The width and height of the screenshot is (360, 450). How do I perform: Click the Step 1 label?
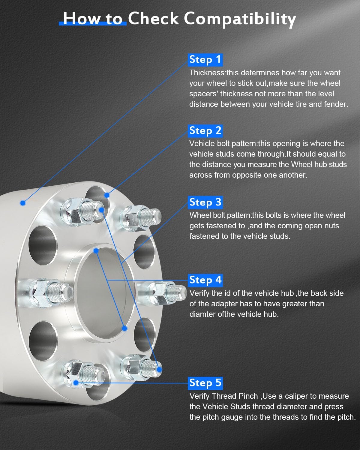click(205, 60)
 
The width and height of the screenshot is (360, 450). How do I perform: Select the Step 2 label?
click(205, 131)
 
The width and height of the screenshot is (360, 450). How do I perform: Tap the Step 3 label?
click(205, 202)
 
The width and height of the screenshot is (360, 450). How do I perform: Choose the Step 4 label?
click(205, 280)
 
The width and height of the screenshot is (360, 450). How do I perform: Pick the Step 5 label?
click(205, 383)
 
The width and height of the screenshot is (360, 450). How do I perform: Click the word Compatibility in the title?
click(240, 19)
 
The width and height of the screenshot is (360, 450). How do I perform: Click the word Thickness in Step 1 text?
click(207, 73)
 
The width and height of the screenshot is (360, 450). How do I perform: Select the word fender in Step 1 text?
click(336, 104)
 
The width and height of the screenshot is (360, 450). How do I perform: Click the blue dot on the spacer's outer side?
click(23, 203)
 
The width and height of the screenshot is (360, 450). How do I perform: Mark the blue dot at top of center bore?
click(96, 250)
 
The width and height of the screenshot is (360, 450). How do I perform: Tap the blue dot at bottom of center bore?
click(125, 328)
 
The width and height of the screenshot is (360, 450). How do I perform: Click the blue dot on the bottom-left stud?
click(76, 382)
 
